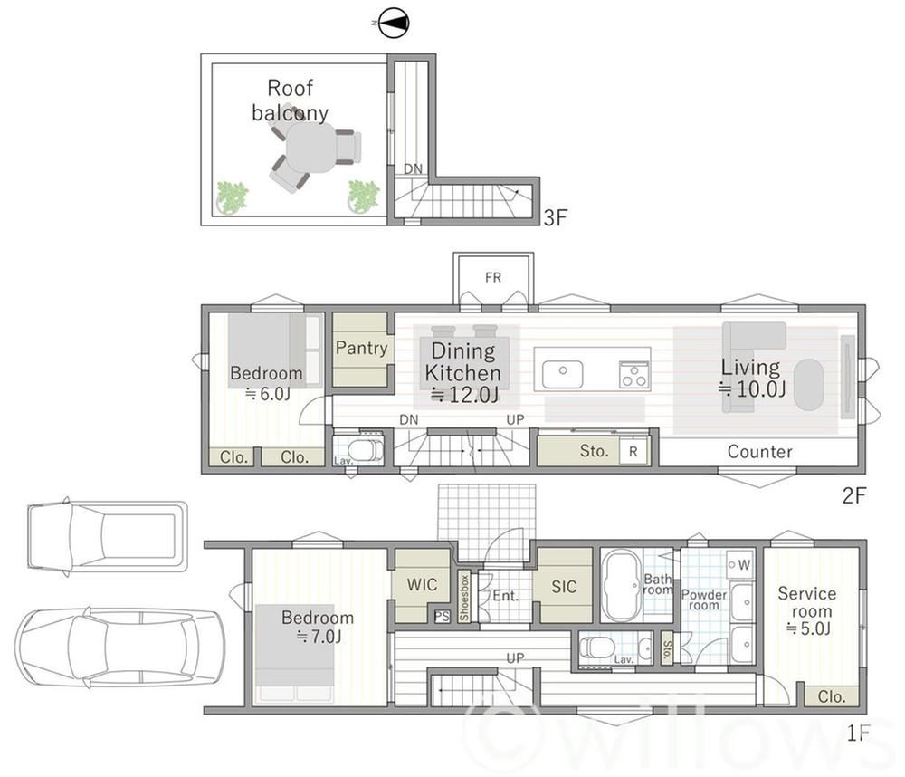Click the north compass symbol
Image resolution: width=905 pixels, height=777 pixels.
[395, 24]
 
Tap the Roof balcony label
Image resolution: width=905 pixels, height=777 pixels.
[290, 100]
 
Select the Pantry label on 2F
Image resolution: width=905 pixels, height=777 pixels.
[361, 348]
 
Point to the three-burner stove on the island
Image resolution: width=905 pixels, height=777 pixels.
[634, 374]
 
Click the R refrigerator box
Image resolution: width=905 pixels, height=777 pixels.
[633, 451]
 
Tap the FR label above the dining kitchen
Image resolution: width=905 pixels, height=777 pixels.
[493, 278]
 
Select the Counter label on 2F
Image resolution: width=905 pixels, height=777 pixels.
[759, 451]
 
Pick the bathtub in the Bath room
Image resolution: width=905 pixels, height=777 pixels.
[622, 585]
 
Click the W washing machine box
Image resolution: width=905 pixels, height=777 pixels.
[740, 564]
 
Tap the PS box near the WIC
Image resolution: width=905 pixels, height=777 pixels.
[442, 616]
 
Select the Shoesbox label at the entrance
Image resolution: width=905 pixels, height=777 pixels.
[464, 597]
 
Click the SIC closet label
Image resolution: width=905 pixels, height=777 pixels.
[563, 586]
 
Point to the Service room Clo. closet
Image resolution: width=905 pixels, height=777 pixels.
[831, 696]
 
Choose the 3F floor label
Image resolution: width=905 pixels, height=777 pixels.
[556, 217]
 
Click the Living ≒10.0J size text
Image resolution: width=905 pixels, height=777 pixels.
[751, 388]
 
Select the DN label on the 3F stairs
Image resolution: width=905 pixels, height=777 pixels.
[413, 168]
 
